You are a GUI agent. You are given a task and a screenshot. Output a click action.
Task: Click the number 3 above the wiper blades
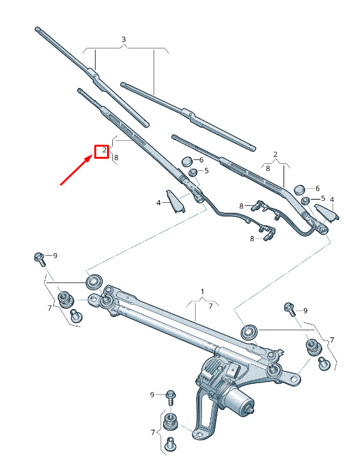(x=124, y=39)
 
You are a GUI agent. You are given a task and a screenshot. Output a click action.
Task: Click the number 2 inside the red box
(x=104, y=150)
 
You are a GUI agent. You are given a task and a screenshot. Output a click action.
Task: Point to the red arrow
(x=76, y=170)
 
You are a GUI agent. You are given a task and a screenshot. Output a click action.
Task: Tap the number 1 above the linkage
(x=203, y=291)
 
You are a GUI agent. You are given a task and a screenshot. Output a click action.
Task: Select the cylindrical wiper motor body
(x=238, y=400)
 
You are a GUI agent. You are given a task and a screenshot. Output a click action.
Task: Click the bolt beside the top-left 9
(x=40, y=259)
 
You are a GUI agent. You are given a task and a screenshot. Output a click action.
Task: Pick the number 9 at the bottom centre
(x=152, y=395)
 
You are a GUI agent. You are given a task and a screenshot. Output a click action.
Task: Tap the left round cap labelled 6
(x=187, y=161)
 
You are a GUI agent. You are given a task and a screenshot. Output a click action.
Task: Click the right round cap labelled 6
(x=299, y=189)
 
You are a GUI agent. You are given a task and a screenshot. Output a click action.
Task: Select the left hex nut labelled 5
(x=193, y=172)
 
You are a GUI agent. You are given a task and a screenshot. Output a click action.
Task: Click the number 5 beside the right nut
(x=323, y=198)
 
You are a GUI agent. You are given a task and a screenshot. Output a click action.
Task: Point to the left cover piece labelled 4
(x=175, y=201)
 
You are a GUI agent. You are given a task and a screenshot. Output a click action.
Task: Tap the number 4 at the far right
(x=332, y=200)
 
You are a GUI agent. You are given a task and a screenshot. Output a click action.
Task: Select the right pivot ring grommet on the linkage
(x=248, y=332)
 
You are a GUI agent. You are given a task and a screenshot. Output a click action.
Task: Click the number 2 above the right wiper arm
(x=275, y=154)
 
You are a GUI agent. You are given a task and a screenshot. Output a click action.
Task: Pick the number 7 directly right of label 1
(x=210, y=306)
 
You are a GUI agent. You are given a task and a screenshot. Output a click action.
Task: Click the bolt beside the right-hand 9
(x=290, y=309)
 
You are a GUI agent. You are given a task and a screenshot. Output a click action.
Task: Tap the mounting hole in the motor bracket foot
(x=199, y=434)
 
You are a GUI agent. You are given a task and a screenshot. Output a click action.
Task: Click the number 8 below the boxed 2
(x=116, y=157)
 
